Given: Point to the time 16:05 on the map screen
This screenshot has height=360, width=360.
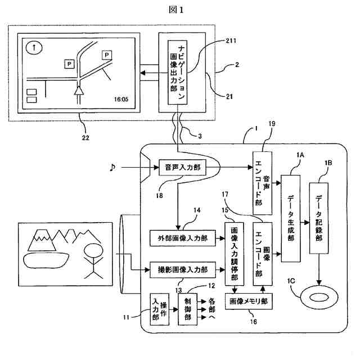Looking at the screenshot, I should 121,100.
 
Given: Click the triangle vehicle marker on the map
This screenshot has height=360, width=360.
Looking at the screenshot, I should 79,89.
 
